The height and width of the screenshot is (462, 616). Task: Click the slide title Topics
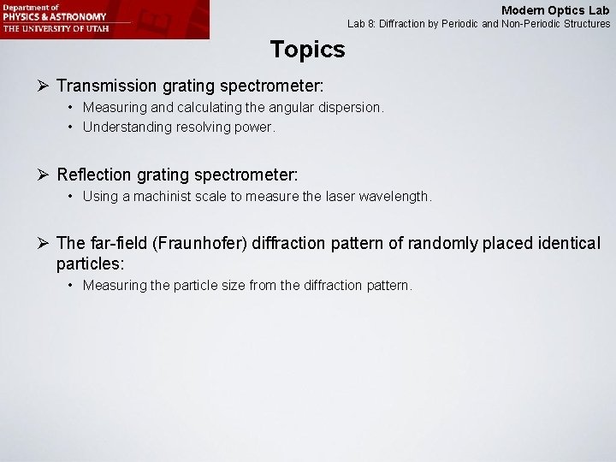pyautogui.click(x=307, y=50)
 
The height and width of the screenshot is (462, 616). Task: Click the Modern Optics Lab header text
pyautogui.click(x=555, y=10)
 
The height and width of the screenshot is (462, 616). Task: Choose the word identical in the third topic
pyautogui.click(x=565, y=244)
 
